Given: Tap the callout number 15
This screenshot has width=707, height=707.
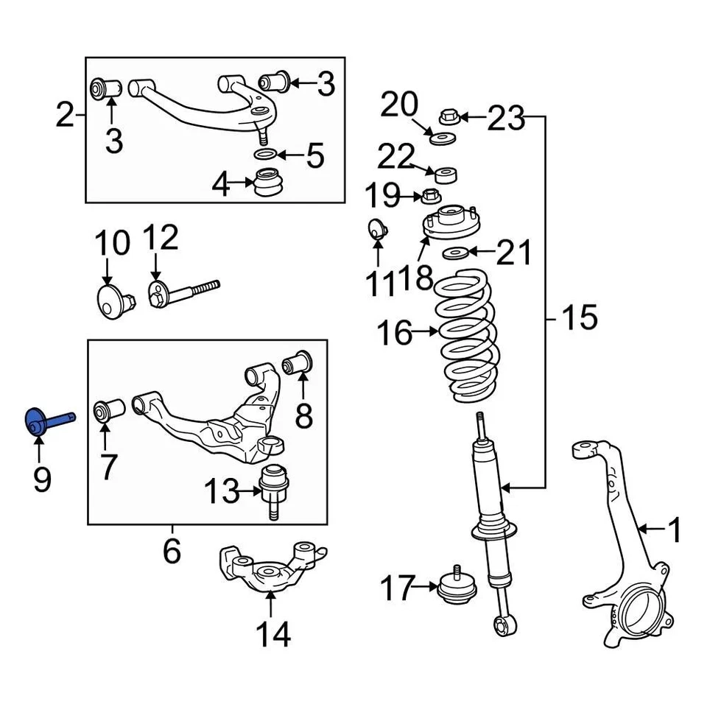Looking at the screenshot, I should point(580,318).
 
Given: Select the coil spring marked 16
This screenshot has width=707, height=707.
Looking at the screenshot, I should point(466,335).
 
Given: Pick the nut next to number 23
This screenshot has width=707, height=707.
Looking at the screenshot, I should point(449,116).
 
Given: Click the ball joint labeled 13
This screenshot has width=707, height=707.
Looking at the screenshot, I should point(273,490).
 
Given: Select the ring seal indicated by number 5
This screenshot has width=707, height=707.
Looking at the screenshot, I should point(267,155).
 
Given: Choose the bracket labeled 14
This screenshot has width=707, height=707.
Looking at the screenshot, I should point(270,571).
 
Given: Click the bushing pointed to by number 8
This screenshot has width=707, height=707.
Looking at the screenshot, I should point(300,362).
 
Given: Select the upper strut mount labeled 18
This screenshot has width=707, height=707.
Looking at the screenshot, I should point(450,224).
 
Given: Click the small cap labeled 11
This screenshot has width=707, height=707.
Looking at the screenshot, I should point(377,230).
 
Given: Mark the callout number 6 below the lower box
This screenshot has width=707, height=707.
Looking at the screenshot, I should point(172,551).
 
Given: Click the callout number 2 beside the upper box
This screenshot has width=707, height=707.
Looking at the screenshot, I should point(66,116).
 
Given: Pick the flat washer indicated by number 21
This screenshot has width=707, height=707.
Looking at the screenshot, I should point(455,254).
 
